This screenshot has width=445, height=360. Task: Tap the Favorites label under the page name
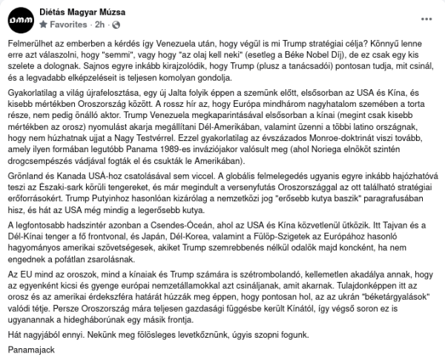coord(67,24)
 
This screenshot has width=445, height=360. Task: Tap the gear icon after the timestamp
coord(112,24)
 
